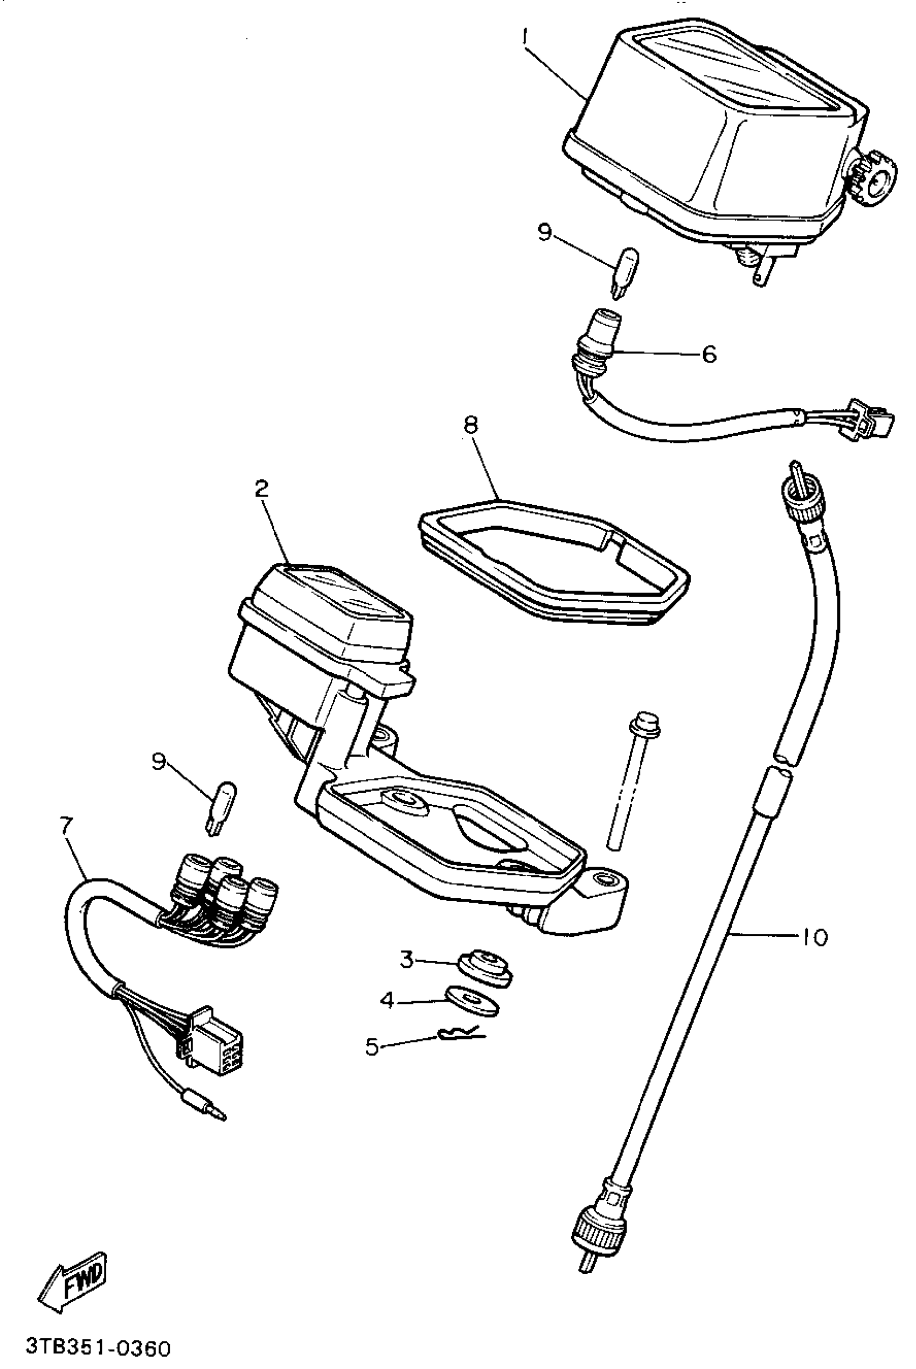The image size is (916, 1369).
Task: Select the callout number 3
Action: [x=407, y=959]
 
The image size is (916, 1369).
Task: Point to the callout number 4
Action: [x=387, y=1001]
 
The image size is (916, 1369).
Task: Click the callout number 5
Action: [x=372, y=1046]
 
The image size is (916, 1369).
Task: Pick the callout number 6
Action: [x=709, y=354]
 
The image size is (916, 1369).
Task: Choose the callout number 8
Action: [x=470, y=424]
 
